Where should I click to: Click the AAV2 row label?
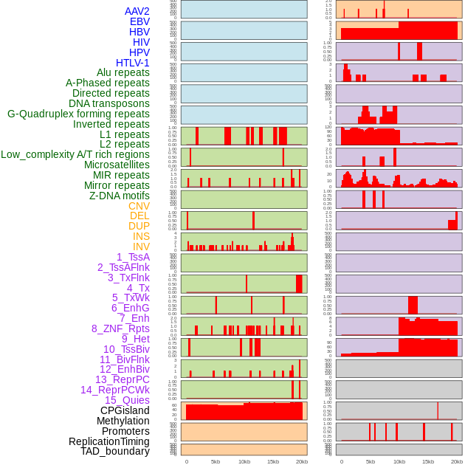tap(137, 11)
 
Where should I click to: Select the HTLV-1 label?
tap(132, 63)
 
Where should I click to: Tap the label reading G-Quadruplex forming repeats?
tap(78, 114)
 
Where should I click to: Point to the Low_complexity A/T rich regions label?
tap(75, 154)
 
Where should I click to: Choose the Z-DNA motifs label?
tap(119, 196)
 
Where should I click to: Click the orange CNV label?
tap(139, 206)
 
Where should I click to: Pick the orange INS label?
tap(141, 236)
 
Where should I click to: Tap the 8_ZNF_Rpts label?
tap(120, 328)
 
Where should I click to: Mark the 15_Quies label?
tap(126, 400)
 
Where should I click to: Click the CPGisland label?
tap(125, 410)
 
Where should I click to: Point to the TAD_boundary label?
tap(115, 451)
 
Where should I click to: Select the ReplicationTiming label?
tap(108, 441)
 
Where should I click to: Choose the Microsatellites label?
tap(117, 165)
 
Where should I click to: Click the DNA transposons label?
tap(109, 103)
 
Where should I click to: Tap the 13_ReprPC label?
tap(122, 379)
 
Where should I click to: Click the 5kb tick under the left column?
tap(216, 461)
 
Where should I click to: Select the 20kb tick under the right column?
tap(457, 461)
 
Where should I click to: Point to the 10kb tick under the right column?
tap(399, 461)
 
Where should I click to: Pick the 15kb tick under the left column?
tap(273, 461)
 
